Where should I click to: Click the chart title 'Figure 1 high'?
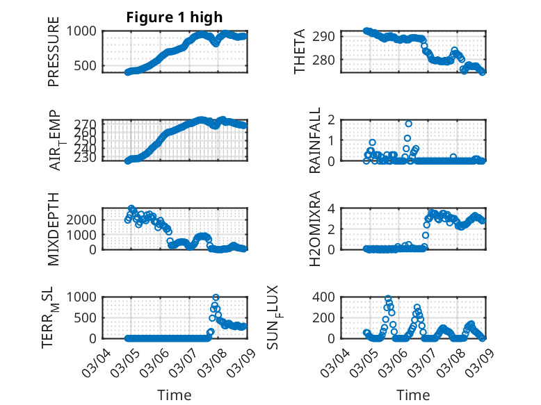pyautogui.click(x=175, y=17)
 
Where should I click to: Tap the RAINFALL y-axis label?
pyautogui.click(x=314, y=140)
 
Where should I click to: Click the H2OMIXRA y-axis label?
pyautogui.click(x=314, y=229)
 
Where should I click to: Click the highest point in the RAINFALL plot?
pyautogui.click(x=409, y=124)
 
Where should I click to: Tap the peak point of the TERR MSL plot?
pyautogui.click(x=216, y=297)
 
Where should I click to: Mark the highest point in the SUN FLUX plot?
pyautogui.click(x=388, y=299)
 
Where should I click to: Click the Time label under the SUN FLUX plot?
pyautogui.click(x=413, y=395)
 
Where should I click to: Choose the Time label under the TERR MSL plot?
pyautogui.click(x=175, y=395)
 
